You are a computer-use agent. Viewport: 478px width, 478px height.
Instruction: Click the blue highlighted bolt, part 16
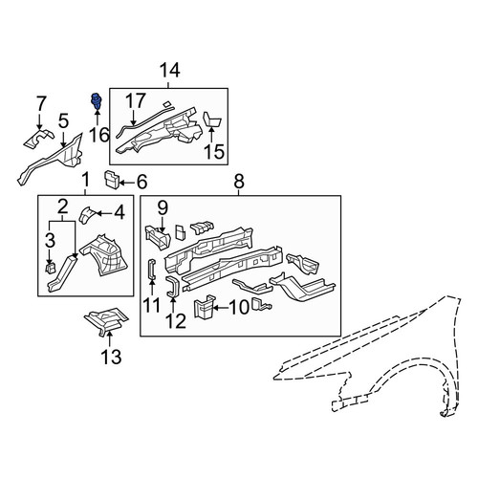[x=96, y=100]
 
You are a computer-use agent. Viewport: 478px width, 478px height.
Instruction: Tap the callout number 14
[x=169, y=71]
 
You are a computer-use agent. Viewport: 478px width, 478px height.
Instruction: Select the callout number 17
[x=136, y=100]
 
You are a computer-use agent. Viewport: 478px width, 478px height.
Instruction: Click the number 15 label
[x=214, y=151]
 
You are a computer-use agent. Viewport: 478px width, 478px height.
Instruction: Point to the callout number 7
[x=41, y=103]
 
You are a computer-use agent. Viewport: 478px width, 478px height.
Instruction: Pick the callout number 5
[x=63, y=122]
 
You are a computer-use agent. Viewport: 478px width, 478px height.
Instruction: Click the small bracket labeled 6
[x=112, y=180]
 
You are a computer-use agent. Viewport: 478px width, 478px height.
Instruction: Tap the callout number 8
[x=239, y=182]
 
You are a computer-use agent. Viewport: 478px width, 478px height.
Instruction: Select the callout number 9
[x=163, y=208]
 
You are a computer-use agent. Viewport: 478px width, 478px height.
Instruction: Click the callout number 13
[x=111, y=357]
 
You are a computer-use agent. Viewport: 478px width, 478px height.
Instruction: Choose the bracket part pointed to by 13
[x=106, y=321]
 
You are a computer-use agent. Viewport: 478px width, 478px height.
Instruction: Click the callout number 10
[x=239, y=308]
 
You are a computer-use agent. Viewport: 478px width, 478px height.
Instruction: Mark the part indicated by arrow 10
[x=204, y=307]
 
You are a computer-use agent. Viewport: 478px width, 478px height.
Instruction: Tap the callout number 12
[x=176, y=321]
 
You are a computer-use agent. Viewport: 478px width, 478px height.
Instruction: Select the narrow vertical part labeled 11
[x=151, y=269]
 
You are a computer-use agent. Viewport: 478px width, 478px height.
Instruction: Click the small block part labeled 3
[x=51, y=268]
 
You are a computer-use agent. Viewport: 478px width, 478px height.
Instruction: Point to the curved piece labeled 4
[x=86, y=215]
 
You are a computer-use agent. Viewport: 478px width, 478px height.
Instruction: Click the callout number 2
[x=63, y=206]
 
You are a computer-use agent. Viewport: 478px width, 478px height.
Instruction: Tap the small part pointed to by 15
[x=212, y=119]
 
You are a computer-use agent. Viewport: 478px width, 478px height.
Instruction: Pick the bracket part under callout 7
[x=38, y=139]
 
